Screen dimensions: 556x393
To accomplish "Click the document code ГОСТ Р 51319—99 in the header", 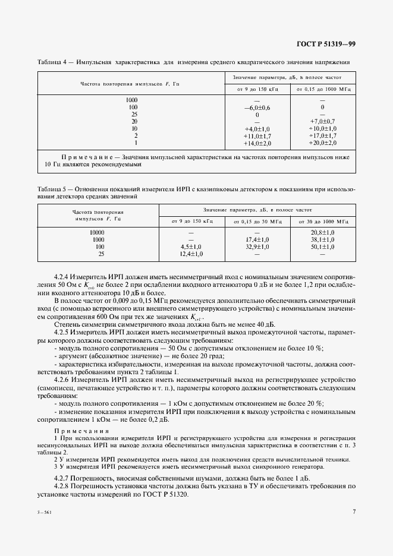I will click(325, 45).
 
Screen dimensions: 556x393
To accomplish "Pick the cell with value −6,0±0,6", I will click(257, 107).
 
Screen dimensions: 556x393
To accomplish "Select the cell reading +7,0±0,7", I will click(322, 121).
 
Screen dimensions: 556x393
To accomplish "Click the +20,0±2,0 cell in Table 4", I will click(322, 143).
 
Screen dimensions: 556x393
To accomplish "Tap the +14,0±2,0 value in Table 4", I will click(257, 143).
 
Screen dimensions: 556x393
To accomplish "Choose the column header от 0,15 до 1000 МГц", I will click(322, 89).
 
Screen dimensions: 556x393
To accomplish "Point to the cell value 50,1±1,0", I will click(322, 247).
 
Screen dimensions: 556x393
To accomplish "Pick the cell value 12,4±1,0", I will click(191, 254).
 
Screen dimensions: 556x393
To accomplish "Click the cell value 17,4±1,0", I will click(257, 239).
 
